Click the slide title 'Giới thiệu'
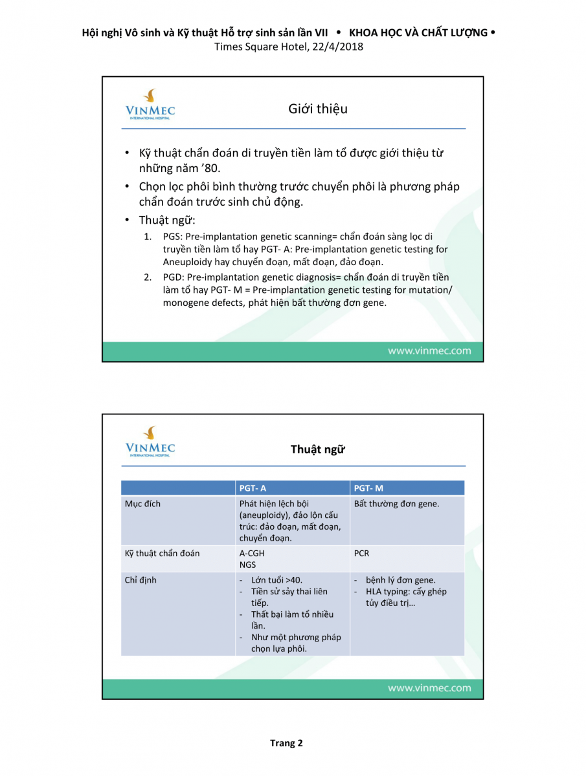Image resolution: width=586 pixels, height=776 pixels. click(317, 109)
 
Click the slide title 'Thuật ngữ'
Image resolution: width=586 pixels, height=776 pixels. click(317, 449)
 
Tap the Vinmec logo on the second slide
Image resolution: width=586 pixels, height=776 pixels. click(150, 442)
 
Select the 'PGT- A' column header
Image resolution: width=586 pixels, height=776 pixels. click(253, 488)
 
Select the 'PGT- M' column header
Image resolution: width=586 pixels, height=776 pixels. click(368, 488)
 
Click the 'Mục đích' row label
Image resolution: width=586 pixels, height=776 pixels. click(142, 504)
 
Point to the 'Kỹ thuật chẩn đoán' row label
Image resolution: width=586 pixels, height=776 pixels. click(162, 554)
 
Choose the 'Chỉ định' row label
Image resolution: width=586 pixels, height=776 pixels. click(141, 580)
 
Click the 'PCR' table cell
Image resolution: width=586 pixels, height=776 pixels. click(362, 554)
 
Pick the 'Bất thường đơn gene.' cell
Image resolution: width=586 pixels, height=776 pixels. click(396, 504)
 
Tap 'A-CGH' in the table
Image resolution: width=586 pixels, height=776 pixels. click(252, 554)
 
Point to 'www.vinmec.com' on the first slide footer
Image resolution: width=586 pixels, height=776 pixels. click(429, 351)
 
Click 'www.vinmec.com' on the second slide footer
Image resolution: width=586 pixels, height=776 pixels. click(429, 688)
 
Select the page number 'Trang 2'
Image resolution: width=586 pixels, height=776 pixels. click(286, 743)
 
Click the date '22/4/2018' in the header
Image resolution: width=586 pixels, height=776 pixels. click(336, 47)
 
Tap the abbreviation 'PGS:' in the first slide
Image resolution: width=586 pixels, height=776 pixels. click(173, 237)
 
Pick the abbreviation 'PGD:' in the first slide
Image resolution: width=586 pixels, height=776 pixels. click(174, 277)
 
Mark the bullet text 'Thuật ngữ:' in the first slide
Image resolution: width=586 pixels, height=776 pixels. click(167, 220)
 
